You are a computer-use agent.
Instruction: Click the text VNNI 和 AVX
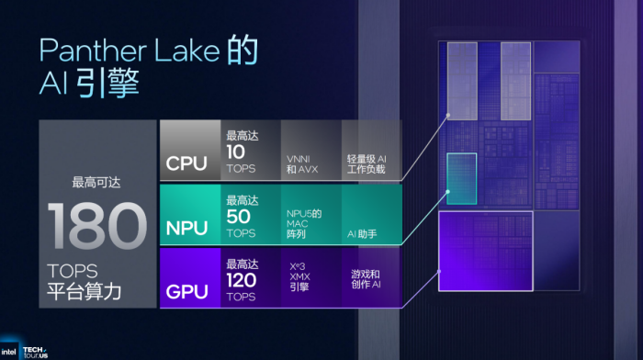[x=303, y=163]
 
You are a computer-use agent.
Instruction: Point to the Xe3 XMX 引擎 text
[x=304, y=274]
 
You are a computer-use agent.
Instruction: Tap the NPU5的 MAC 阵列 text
[x=304, y=221]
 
